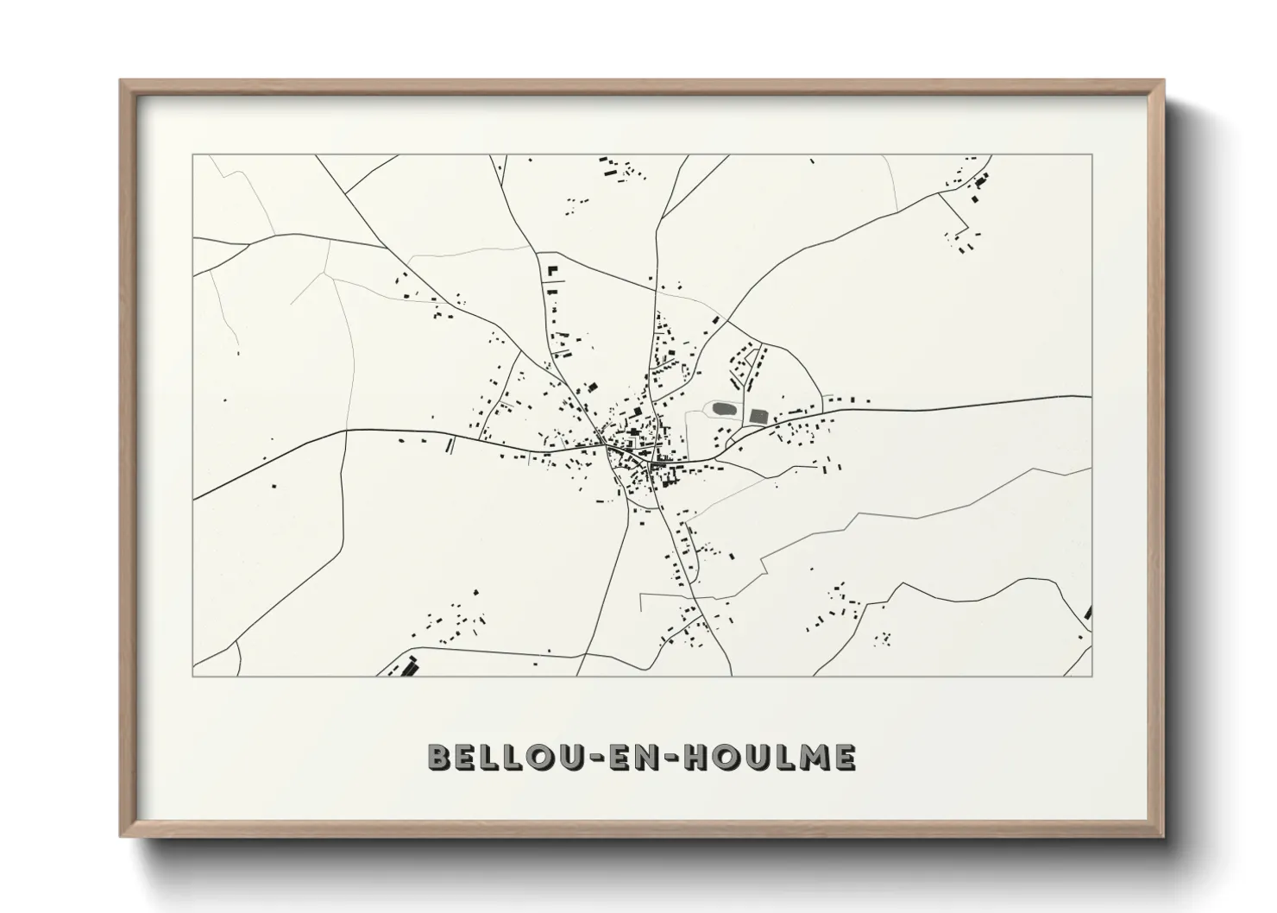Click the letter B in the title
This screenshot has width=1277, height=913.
coord(440,758)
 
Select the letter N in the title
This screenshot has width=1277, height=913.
coord(655,758)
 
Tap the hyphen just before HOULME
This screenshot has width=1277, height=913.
coord(676,759)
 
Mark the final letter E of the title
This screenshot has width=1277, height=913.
coord(844,758)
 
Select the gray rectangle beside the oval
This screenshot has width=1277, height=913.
coord(758,416)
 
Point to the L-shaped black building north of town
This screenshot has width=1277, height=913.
coord(550,270)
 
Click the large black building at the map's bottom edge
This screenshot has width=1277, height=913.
coord(406,666)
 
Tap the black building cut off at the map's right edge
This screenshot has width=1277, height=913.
coord(1088,613)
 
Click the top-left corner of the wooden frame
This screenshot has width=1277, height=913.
coord(121,81)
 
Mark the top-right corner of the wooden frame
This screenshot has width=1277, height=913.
coord(1162,81)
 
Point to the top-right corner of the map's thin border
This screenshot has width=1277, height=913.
coord(1091,155)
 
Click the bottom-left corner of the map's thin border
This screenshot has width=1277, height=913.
coord(193,676)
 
